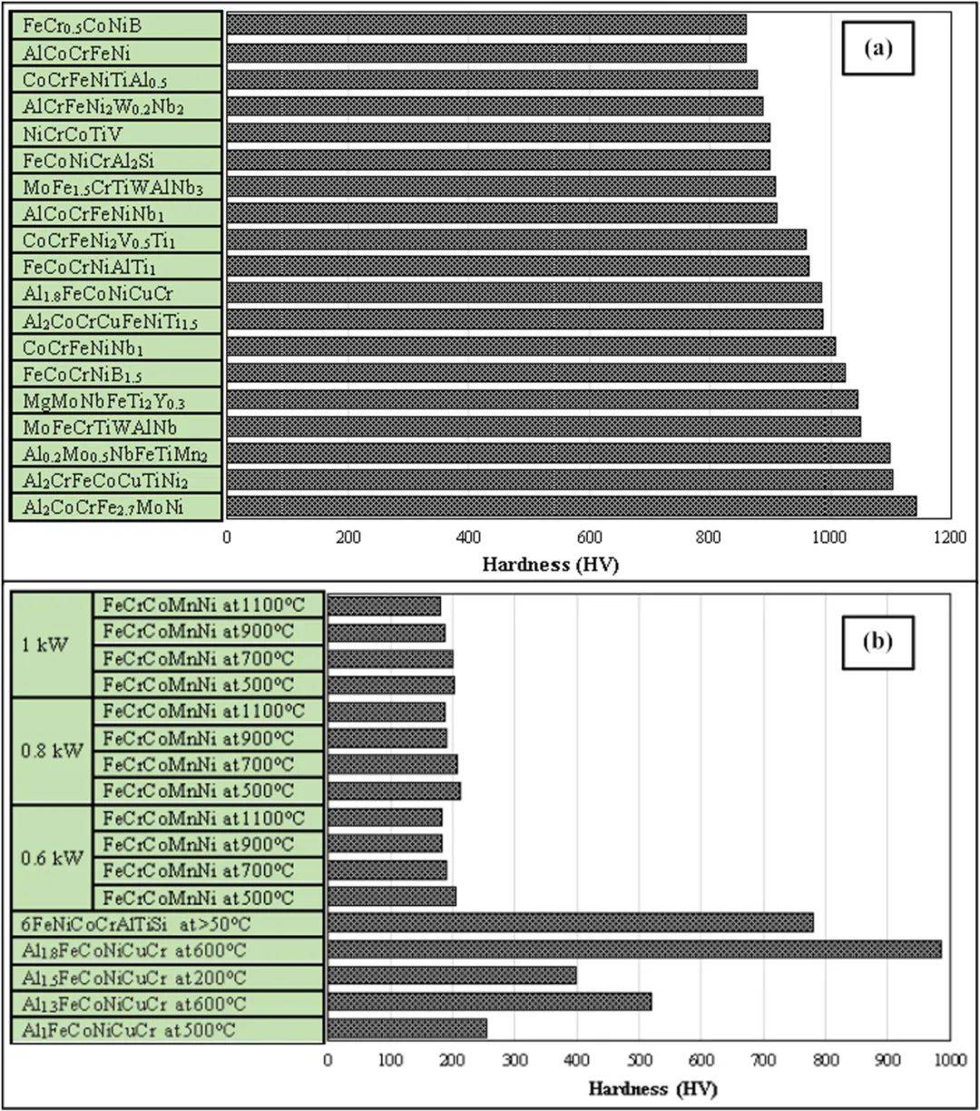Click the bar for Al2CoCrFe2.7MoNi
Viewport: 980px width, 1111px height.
tap(572, 506)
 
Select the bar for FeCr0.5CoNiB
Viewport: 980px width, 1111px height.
tap(486, 25)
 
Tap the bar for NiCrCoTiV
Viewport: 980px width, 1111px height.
tap(498, 133)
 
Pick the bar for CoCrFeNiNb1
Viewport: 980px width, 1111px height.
tap(531, 347)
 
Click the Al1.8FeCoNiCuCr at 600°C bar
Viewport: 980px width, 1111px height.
tap(634, 949)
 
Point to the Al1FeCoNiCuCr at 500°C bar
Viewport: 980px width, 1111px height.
tap(407, 1028)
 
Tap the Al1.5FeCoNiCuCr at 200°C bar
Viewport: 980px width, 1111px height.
tap(452, 976)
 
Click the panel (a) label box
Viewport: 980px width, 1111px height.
tap(878, 50)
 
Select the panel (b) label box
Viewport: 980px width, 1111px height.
tap(877, 642)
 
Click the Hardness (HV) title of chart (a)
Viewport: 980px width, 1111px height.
tap(551, 564)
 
